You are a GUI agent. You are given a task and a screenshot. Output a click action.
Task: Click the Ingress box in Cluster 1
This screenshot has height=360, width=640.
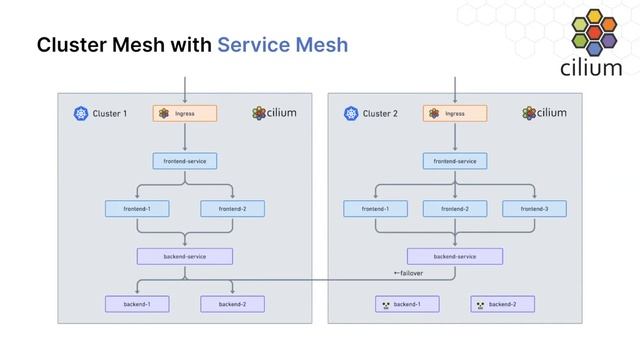(185, 114)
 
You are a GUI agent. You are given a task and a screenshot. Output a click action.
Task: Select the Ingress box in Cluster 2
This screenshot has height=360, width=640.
(455, 114)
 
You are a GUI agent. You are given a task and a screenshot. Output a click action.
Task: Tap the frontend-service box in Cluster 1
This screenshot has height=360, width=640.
(185, 160)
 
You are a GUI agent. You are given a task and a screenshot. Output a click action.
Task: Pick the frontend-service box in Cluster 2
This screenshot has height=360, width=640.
(455, 160)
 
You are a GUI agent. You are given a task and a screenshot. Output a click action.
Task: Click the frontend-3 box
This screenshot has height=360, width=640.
(534, 208)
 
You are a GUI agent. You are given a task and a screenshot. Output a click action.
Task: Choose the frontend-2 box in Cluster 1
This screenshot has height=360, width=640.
(232, 208)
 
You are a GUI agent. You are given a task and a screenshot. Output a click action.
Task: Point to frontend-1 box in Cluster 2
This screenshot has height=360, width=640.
(375, 208)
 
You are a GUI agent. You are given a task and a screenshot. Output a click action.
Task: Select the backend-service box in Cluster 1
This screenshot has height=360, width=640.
(185, 256)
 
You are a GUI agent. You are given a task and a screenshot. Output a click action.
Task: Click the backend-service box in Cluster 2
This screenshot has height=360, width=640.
(455, 256)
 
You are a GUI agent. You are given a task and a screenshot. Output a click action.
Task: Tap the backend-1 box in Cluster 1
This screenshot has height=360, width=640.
(137, 303)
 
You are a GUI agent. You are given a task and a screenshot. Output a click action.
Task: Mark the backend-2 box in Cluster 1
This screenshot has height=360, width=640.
(232, 303)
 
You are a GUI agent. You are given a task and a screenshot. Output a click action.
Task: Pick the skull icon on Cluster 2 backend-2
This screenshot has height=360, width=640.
(480, 303)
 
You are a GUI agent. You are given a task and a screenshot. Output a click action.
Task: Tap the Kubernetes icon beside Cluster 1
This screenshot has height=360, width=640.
(81, 114)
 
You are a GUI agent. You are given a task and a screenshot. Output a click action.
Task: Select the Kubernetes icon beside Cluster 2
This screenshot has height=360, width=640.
(351, 114)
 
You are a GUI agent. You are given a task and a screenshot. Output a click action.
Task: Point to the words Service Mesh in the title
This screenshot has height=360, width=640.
(283, 46)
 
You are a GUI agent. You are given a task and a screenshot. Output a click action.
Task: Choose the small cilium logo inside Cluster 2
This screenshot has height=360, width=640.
(544, 113)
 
